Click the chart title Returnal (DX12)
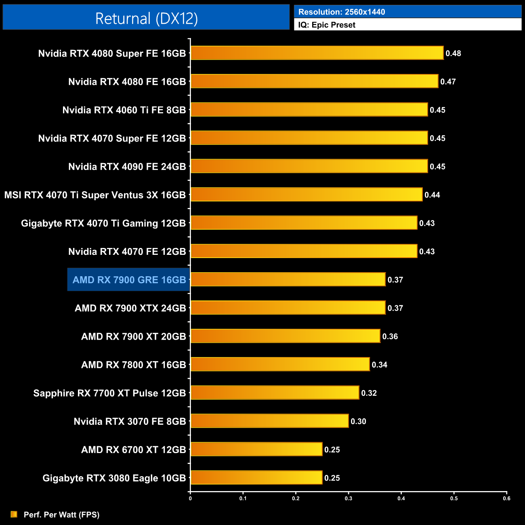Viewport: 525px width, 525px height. point(146,19)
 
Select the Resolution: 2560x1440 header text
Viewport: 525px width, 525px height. point(342,12)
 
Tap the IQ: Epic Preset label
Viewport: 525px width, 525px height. point(327,25)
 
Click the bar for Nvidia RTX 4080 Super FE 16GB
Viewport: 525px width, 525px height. point(317,53)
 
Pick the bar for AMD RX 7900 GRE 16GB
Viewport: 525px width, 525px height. point(288,279)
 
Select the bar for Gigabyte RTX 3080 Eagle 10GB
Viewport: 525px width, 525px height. point(256,477)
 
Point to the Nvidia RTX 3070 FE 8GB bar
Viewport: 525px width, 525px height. point(269,421)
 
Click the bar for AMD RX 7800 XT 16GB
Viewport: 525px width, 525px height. point(279,364)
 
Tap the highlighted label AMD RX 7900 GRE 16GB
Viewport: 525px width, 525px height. point(129,280)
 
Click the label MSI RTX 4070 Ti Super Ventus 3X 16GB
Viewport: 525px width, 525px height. point(95,195)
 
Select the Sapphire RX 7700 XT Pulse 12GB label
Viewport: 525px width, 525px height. point(109,393)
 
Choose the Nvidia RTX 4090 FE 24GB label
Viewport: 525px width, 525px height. point(127,167)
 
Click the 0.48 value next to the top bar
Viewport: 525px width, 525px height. point(453,53)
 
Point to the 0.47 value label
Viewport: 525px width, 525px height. point(448,82)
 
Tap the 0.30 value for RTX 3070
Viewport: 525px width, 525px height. point(358,421)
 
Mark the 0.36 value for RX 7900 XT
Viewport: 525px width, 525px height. point(390,336)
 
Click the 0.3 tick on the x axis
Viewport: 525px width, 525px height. point(349,498)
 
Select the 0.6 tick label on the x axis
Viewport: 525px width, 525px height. point(506,498)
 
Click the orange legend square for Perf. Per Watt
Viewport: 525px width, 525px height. point(14,514)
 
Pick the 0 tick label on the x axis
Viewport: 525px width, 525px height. point(190,498)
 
